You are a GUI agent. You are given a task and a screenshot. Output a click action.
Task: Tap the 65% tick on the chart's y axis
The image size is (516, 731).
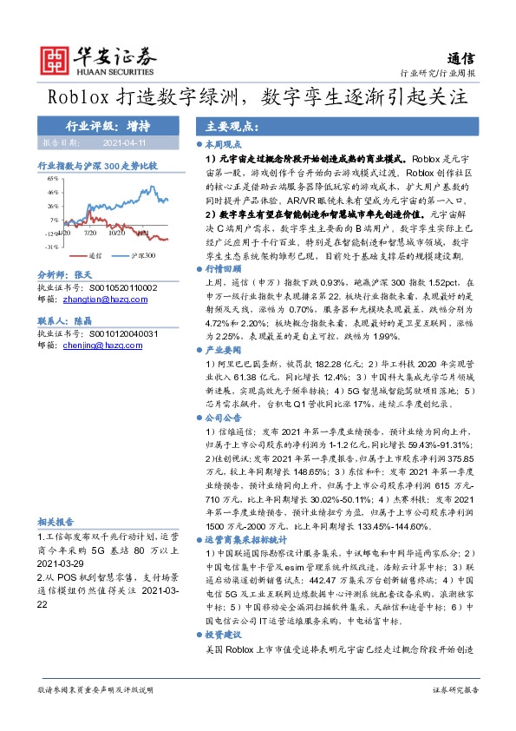54,178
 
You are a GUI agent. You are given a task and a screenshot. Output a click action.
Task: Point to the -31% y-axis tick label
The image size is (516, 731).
53,247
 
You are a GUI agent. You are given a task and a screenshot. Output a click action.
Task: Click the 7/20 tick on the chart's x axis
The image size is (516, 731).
92,232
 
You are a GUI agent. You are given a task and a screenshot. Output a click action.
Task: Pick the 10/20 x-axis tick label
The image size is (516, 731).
116,232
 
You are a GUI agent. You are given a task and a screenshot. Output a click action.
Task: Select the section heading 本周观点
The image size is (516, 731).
222,145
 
